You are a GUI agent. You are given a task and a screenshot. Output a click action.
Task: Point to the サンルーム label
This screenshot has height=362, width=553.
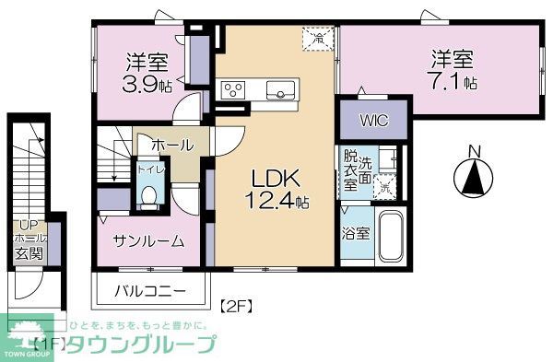pos(148,241)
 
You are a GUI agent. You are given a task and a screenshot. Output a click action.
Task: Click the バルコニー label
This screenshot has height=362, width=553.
pos(150,292)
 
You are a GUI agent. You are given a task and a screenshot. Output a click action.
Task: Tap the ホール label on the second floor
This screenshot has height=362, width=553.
pos(171,146)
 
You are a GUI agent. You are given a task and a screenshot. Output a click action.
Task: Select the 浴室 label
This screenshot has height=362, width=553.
pos(357,233)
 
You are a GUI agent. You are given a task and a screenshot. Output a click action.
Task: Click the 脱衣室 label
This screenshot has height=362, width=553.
pos(351,170)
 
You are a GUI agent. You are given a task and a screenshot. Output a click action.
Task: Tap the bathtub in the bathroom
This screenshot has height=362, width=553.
pos(391,238)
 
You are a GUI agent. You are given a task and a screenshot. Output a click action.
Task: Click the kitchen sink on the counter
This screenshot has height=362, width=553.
pos(280,89)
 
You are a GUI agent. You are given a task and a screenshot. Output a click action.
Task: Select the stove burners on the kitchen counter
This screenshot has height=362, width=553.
pos(232,90)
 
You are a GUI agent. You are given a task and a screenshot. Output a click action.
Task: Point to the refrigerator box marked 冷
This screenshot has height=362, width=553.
pos(318,39)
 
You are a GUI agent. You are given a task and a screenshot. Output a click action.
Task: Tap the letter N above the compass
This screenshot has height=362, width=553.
pos(474,151)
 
